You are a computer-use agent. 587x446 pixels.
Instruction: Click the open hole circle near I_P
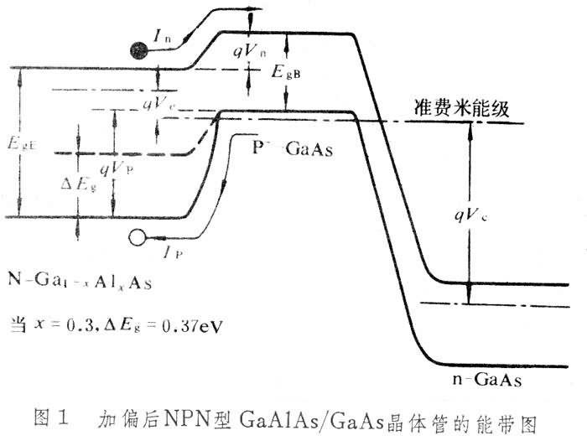point(137,240)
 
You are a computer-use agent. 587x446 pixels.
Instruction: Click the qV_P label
point(116,169)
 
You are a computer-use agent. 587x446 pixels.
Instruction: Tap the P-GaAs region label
point(293,149)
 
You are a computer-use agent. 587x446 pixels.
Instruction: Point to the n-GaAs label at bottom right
point(492,381)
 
